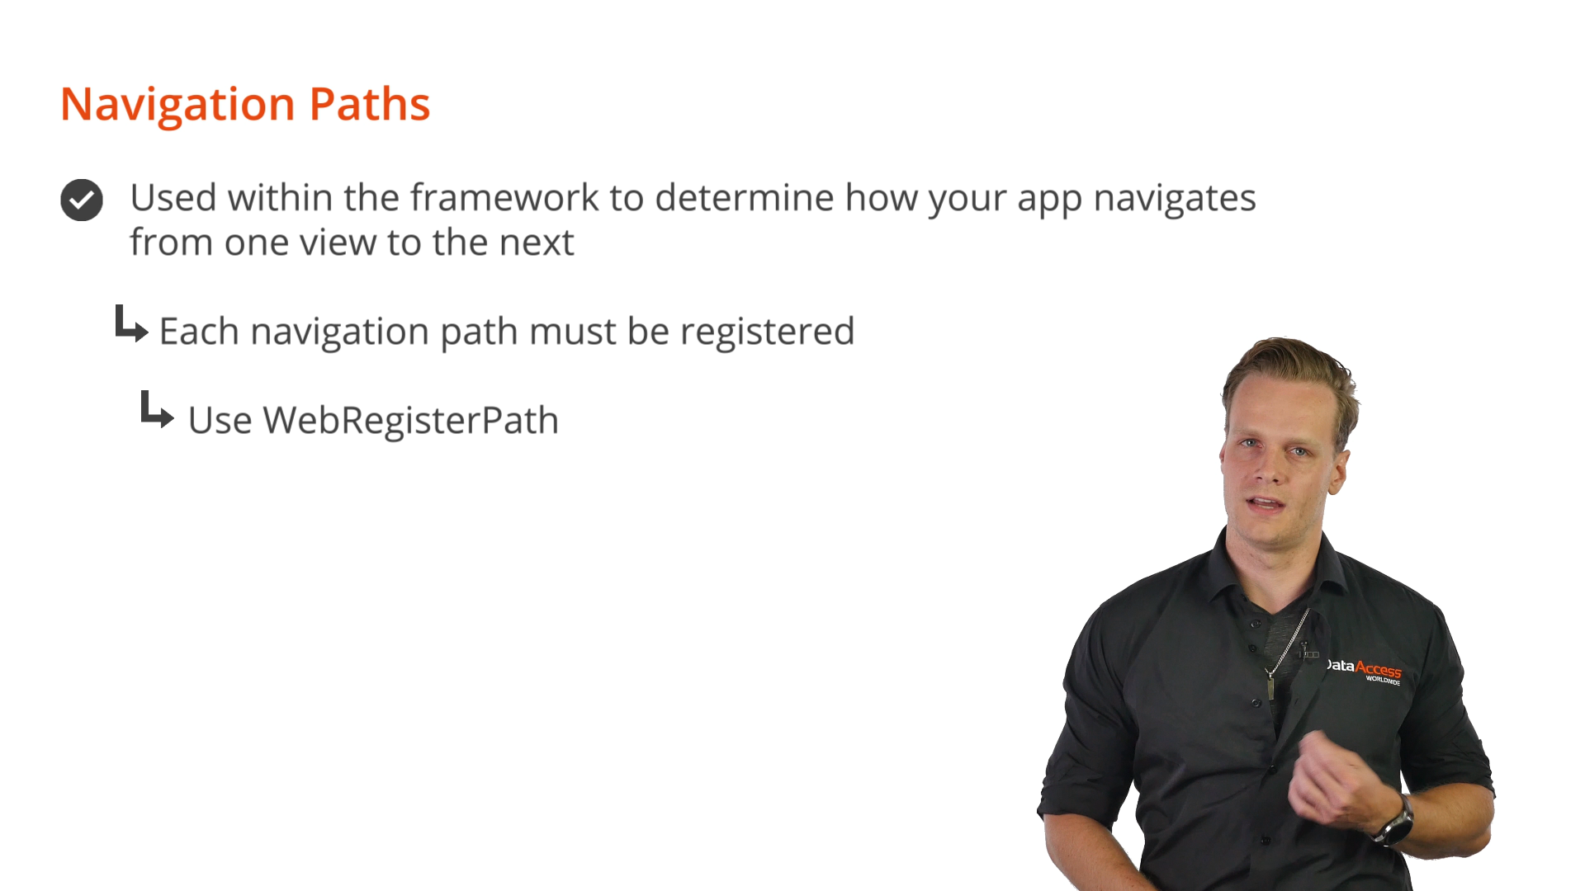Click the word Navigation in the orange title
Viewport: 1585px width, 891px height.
177,106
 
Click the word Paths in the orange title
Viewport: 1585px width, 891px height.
370,104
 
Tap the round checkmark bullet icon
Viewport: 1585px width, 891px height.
82,200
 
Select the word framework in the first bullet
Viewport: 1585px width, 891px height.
504,197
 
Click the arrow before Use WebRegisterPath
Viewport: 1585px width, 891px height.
157,409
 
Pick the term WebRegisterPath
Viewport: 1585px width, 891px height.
411,421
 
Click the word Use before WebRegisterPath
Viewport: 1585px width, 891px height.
220,421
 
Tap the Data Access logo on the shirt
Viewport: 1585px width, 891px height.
1364,670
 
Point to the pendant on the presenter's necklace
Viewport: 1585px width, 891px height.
1271,686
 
